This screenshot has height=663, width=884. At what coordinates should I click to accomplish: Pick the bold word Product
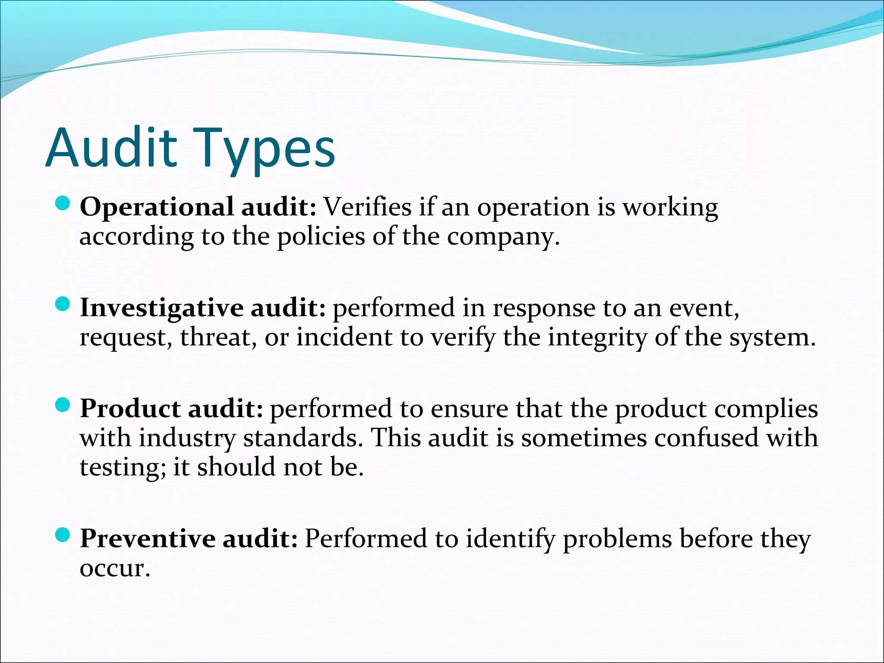click(x=130, y=409)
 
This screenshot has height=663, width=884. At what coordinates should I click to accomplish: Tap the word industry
click(x=187, y=439)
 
